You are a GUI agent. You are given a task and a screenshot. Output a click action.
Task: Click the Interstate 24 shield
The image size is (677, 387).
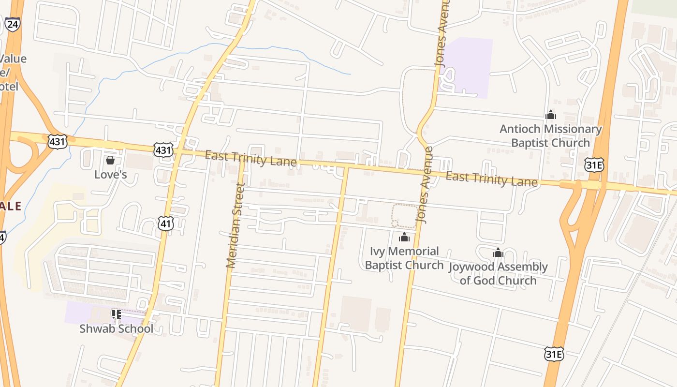(13, 24)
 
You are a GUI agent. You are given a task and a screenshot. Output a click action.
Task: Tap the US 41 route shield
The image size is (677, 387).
(166, 223)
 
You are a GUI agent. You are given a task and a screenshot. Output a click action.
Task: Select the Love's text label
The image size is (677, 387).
(110, 174)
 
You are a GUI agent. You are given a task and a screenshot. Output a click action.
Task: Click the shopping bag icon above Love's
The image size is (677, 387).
(110, 160)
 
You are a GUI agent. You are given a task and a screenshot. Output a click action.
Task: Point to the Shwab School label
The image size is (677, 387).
(116, 328)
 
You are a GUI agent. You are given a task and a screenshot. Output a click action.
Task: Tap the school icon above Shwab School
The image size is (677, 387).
(116, 314)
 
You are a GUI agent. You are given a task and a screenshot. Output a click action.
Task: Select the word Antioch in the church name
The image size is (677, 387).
(520, 129)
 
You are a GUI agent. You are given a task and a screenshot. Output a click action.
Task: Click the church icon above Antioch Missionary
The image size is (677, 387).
(550, 115)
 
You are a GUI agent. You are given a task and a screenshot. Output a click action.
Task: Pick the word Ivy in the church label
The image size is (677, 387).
(378, 251)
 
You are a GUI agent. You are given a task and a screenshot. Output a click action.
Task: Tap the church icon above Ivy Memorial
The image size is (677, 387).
(404, 238)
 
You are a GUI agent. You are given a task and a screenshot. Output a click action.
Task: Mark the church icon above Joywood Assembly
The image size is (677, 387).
(498, 253)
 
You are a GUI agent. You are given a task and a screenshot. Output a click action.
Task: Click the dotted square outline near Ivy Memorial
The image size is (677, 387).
(404, 216)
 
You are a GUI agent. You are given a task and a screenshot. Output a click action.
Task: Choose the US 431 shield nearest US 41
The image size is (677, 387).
(163, 149)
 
